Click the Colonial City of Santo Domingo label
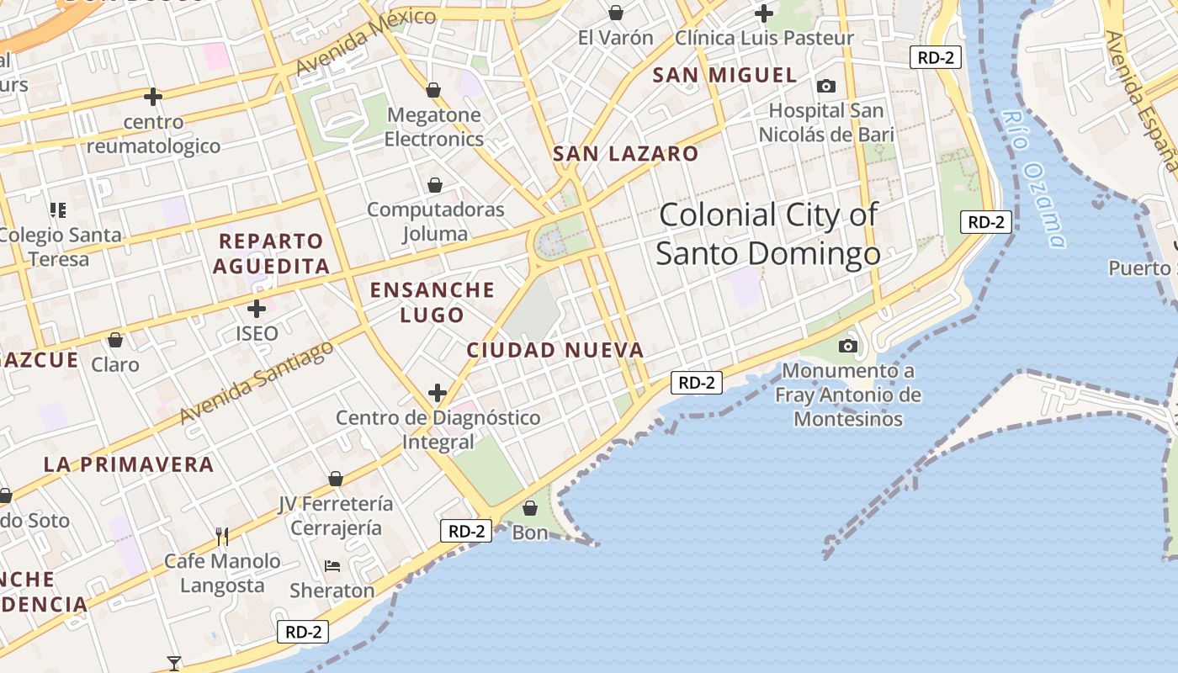click(767, 234)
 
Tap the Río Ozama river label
click(1034, 179)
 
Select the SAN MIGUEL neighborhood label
click(724, 75)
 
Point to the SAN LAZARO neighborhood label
click(625, 154)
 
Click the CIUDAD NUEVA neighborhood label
click(555, 350)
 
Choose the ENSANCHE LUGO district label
click(432, 302)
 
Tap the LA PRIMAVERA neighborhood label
click(128, 464)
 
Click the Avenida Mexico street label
click(365, 41)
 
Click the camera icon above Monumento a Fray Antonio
click(848, 346)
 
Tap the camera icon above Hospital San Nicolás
click(826, 86)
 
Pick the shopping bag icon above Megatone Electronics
click(433, 90)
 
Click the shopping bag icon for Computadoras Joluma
click(435, 185)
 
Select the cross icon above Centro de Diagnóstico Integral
click(438, 392)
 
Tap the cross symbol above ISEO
click(257, 309)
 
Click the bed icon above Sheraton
click(332, 566)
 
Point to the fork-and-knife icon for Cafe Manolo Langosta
click(222, 536)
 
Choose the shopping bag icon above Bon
click(530, 508)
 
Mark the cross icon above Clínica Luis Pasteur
click(764, 13)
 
